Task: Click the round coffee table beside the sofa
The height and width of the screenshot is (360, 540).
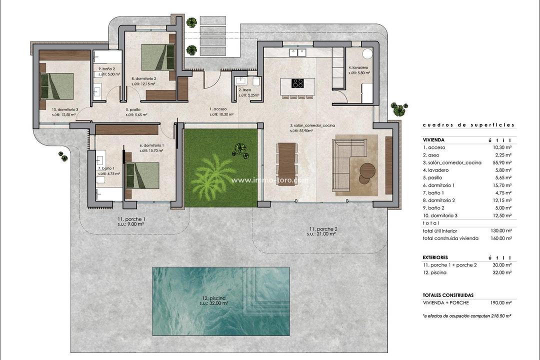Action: click(367, 171)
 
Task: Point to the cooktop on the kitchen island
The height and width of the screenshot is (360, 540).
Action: click(298, 83)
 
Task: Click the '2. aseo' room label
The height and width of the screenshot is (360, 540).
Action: click(244, 90)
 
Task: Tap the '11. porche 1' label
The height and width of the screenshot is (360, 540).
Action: click(132, 219)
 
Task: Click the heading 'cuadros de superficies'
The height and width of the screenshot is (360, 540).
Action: click(468, 125)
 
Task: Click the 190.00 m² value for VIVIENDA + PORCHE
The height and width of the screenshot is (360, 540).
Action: click(501, 302)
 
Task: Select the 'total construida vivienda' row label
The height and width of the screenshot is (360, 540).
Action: click(450, 238)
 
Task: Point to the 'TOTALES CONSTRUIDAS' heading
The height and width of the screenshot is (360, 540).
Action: click(448, 295)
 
